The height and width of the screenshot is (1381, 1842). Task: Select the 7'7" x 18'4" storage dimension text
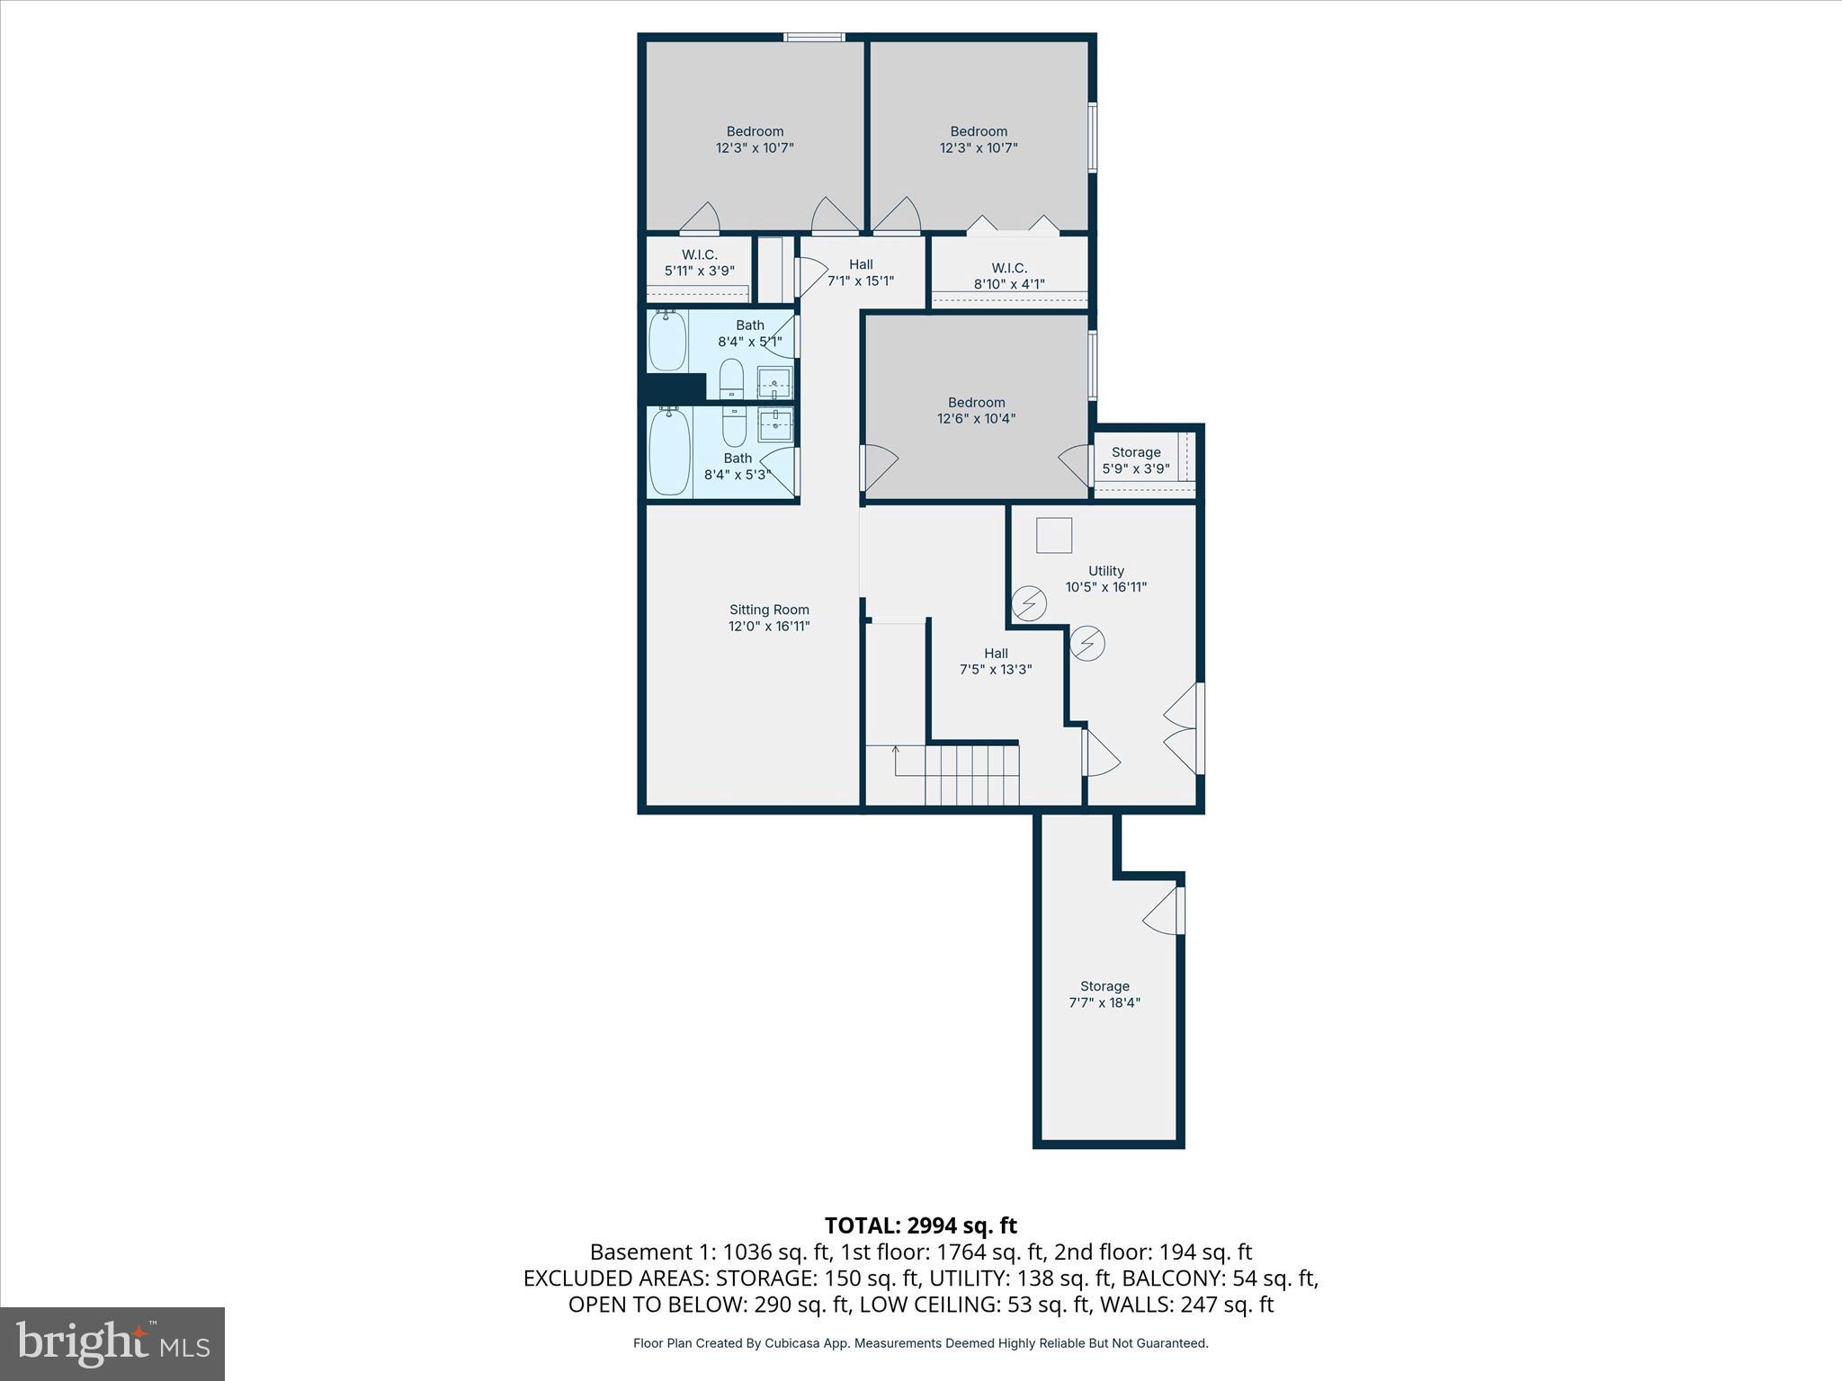pos(1104,1002)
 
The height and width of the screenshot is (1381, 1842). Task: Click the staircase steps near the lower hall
pos(971,775)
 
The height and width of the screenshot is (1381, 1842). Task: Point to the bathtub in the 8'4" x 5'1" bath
pos(667,341)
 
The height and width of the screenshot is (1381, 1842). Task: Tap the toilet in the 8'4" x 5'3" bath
pos(735,427)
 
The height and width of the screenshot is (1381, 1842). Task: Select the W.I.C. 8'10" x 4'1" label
pos(1008,276)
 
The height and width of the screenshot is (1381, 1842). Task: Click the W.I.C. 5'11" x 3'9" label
pos(699,263)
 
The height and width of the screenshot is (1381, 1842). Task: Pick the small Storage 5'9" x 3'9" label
pos(1135,460)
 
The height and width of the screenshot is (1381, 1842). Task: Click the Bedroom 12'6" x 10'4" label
pos(976,410)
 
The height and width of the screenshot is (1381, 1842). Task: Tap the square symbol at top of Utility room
pos(1054,536)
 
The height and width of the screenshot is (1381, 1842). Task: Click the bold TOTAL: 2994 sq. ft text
pos(920,1225)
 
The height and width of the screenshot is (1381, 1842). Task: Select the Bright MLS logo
pos(112,1344)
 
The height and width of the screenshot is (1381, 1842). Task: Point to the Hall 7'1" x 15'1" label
pos(861,272)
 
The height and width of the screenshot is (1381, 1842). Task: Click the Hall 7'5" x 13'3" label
pos(995,661)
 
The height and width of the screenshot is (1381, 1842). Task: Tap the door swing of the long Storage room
pos(1163,913)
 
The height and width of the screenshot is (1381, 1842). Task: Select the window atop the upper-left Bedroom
pos(813,37)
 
